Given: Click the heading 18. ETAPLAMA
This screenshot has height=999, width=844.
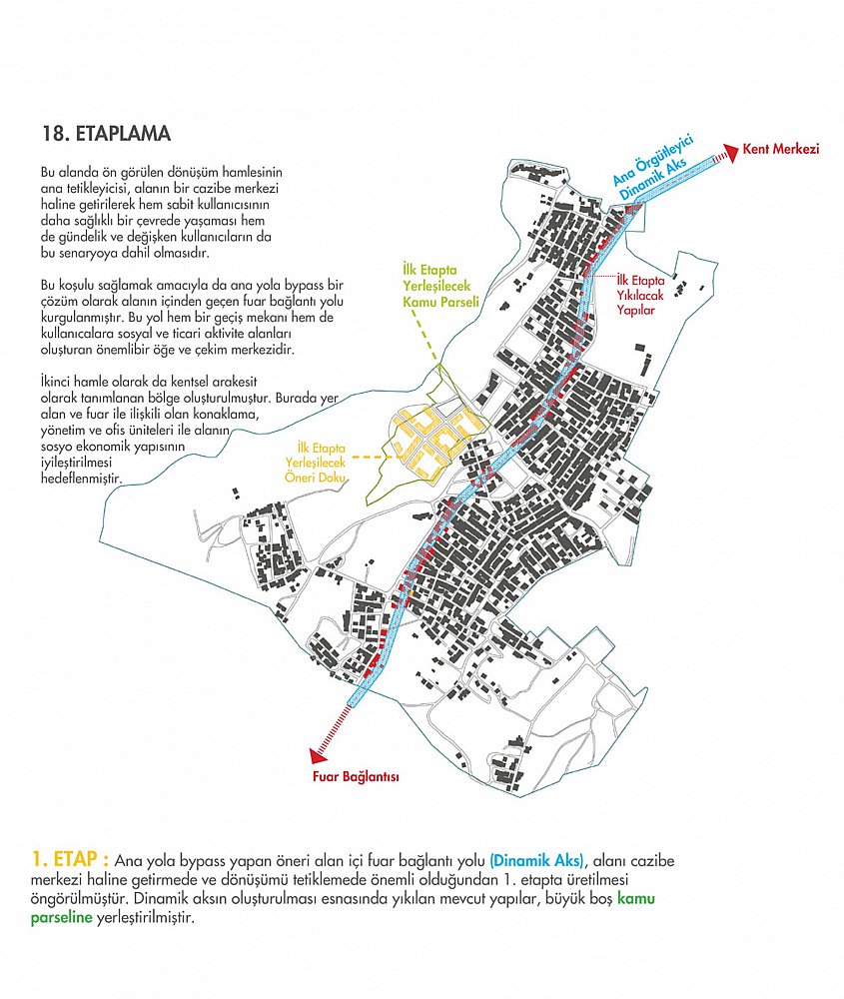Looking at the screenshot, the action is [107, 134].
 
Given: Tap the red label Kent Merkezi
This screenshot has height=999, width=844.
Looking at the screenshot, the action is [781, 149].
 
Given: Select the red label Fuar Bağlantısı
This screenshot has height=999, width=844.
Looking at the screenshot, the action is [356, 776].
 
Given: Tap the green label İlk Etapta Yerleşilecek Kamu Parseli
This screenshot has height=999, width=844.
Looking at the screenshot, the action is [440, 286].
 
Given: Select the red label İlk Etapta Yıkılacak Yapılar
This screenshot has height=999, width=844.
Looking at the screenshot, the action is [640, 296].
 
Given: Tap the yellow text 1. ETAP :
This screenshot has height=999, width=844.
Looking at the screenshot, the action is [70, 859].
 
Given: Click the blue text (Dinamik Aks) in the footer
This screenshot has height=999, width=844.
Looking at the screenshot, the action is [537, 861].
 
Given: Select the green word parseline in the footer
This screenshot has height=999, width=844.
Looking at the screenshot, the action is [61, 919].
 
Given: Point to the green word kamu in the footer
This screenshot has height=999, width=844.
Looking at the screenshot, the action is [635, 898].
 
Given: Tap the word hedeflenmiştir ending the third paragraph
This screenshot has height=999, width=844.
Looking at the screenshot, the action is [81, 479].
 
